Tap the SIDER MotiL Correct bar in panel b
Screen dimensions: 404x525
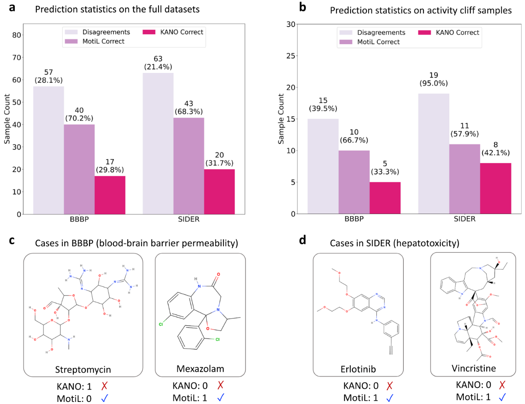pyautogui.click(x=465, y=179)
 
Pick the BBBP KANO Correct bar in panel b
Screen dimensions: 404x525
pyautogui.click(x=385, y=197)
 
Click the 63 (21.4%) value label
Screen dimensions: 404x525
pyautogui.click(x=158, y=63)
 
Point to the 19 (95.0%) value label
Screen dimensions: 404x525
pyautogui.click(x=434, y=79)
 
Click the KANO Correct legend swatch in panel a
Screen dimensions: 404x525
pyautogui.click(x=149, y=32)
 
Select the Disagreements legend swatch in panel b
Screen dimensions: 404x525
pyautogui.click(x=346, y=33)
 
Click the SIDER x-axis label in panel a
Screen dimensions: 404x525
pyautogui.click(x=189, y=219)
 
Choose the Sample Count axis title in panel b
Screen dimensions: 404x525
pyautogui.click(x=281, y=119)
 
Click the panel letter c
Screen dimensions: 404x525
pyautogui.click(x=12, y=240)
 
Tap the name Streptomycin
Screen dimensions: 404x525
pyautogui.click(x=83, y=370)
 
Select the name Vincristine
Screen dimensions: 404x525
pyautogui.click(x=474, y=368)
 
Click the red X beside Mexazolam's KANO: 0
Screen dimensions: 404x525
pyautogui.click(x=221, y=385)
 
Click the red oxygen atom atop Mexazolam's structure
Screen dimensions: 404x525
pyautogui.click(x=218, y=274)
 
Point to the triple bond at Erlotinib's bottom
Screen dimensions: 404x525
pyautogui.click(x=391, y=350)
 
